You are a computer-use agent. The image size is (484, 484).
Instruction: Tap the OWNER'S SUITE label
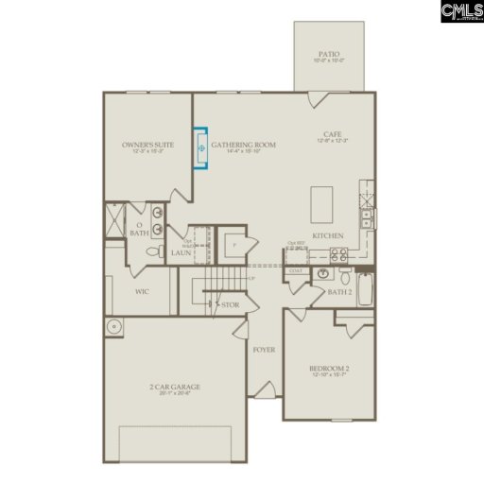point(148,145)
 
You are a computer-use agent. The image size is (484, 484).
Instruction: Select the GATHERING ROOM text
point(243,145)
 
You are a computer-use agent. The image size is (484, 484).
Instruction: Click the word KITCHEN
point(328,235)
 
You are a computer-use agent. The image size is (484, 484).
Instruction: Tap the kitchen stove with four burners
point(338,253)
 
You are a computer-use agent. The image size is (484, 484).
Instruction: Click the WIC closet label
point(142,291)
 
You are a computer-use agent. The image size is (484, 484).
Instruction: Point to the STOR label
point(230,304)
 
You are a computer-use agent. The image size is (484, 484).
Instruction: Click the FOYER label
point(264,350)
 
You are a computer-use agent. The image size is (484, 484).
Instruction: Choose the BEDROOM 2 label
point(329,368)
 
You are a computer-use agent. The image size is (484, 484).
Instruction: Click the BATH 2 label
point(338,293)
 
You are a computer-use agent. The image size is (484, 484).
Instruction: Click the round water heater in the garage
point(114,328)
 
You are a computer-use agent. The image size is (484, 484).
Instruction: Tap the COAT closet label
point(295,271)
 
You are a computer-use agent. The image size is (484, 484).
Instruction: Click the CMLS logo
point(461,12)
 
